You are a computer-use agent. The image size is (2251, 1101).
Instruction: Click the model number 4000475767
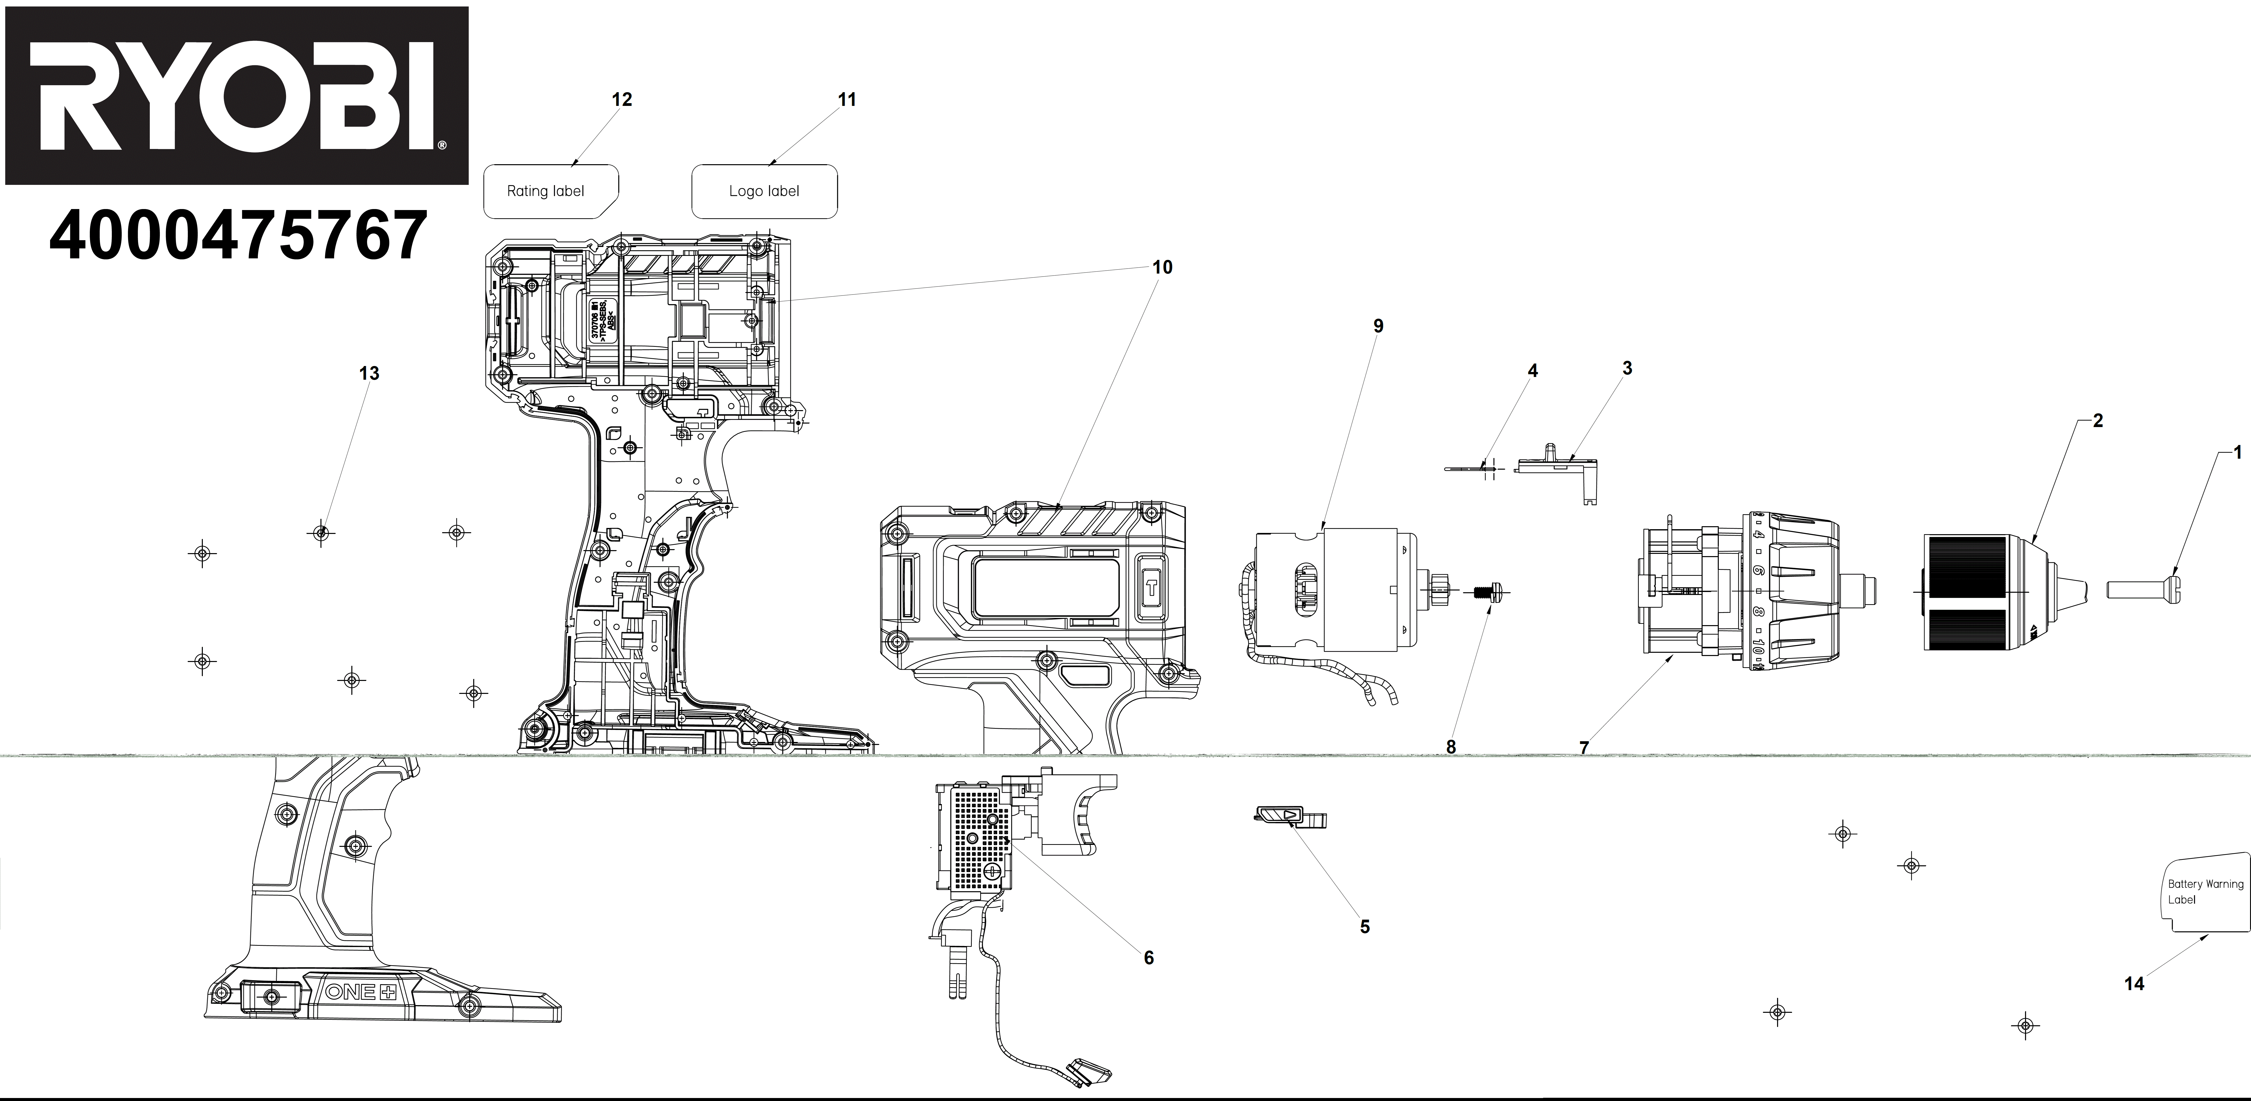click(238, 236)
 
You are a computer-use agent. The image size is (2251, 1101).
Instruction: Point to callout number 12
click(621, 100)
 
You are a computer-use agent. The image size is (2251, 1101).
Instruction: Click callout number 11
click(847, 100)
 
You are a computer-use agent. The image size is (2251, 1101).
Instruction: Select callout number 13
click(370, 373)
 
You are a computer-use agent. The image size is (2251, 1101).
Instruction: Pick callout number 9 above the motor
click(1378, 326)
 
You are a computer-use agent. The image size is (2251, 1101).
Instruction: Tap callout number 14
click(2134, 984)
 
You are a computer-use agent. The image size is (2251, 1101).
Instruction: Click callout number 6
click(1148, 958)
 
